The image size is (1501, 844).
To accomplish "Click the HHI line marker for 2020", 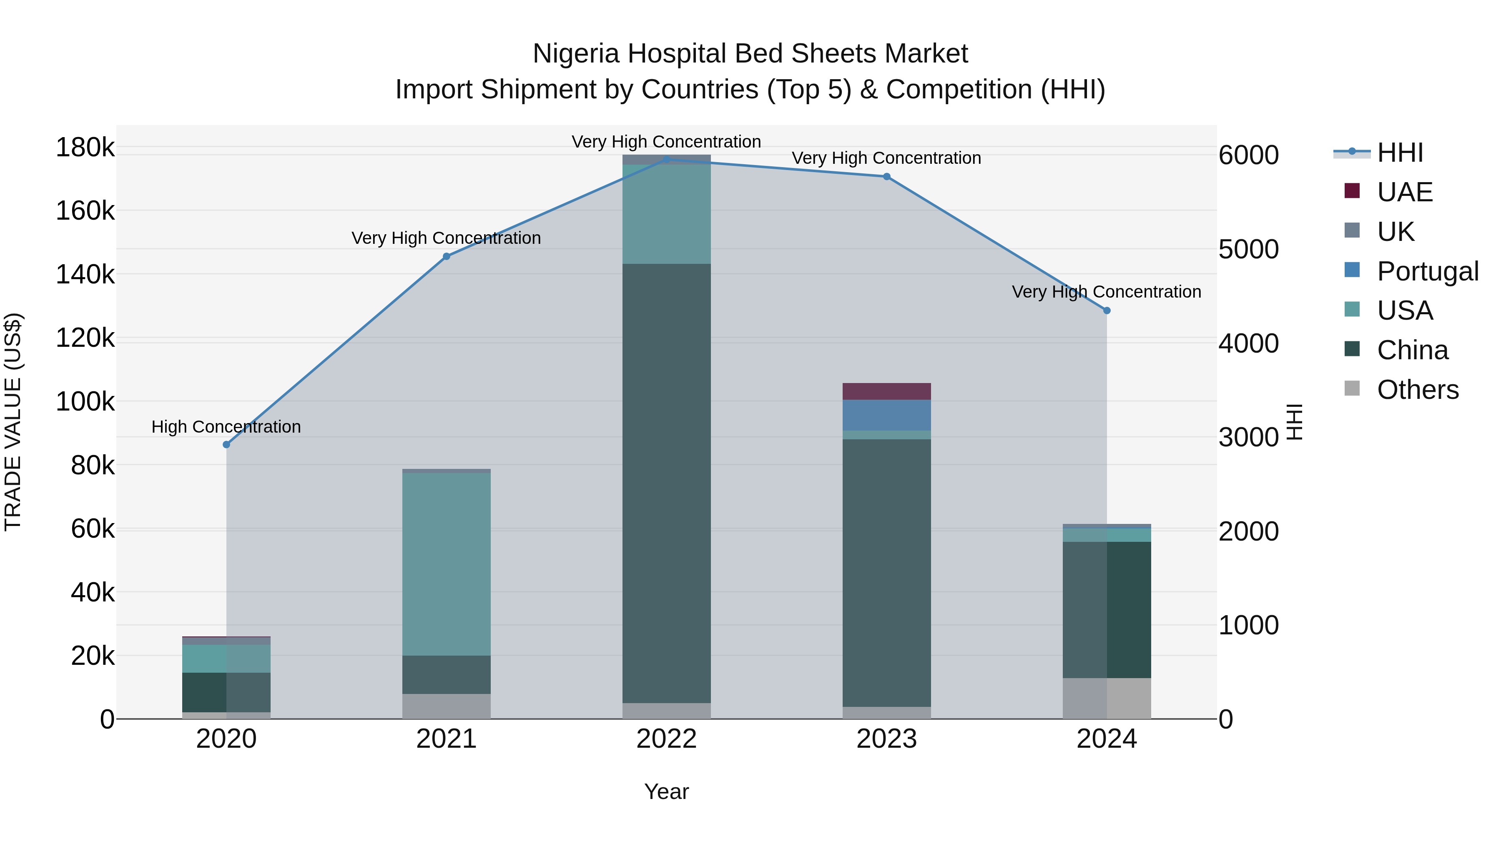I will [x=227, y=444].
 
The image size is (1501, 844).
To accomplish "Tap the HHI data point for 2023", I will [x=886, y=176].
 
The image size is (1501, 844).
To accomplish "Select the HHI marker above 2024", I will [x=1107, y=311].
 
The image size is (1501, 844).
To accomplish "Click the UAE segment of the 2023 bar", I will [x=886, y=391].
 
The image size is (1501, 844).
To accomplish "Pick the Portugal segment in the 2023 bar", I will [x=886, y=415].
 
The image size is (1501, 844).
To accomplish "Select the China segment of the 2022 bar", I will [x=667, y=483].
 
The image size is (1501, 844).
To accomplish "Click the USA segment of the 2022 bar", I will [x=667, y=214].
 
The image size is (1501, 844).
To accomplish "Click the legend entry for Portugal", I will [x=1427, y=271].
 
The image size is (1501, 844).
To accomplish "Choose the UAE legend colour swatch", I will [x=1352, y=191].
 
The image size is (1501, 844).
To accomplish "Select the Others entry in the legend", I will [x=1417, y=389].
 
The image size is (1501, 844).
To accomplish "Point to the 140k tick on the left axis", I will [x=85, y=274].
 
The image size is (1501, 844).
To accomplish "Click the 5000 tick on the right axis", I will [x=1248, y=249].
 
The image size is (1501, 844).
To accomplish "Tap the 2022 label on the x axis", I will [x=667, y=739].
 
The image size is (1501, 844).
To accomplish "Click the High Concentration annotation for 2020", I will [x=226, y=427].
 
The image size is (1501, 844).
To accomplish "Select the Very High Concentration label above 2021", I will [x=446, y=238].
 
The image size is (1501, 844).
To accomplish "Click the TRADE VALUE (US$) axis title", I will [x=13, y=422].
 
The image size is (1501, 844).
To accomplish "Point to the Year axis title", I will [x=667, y=791].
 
